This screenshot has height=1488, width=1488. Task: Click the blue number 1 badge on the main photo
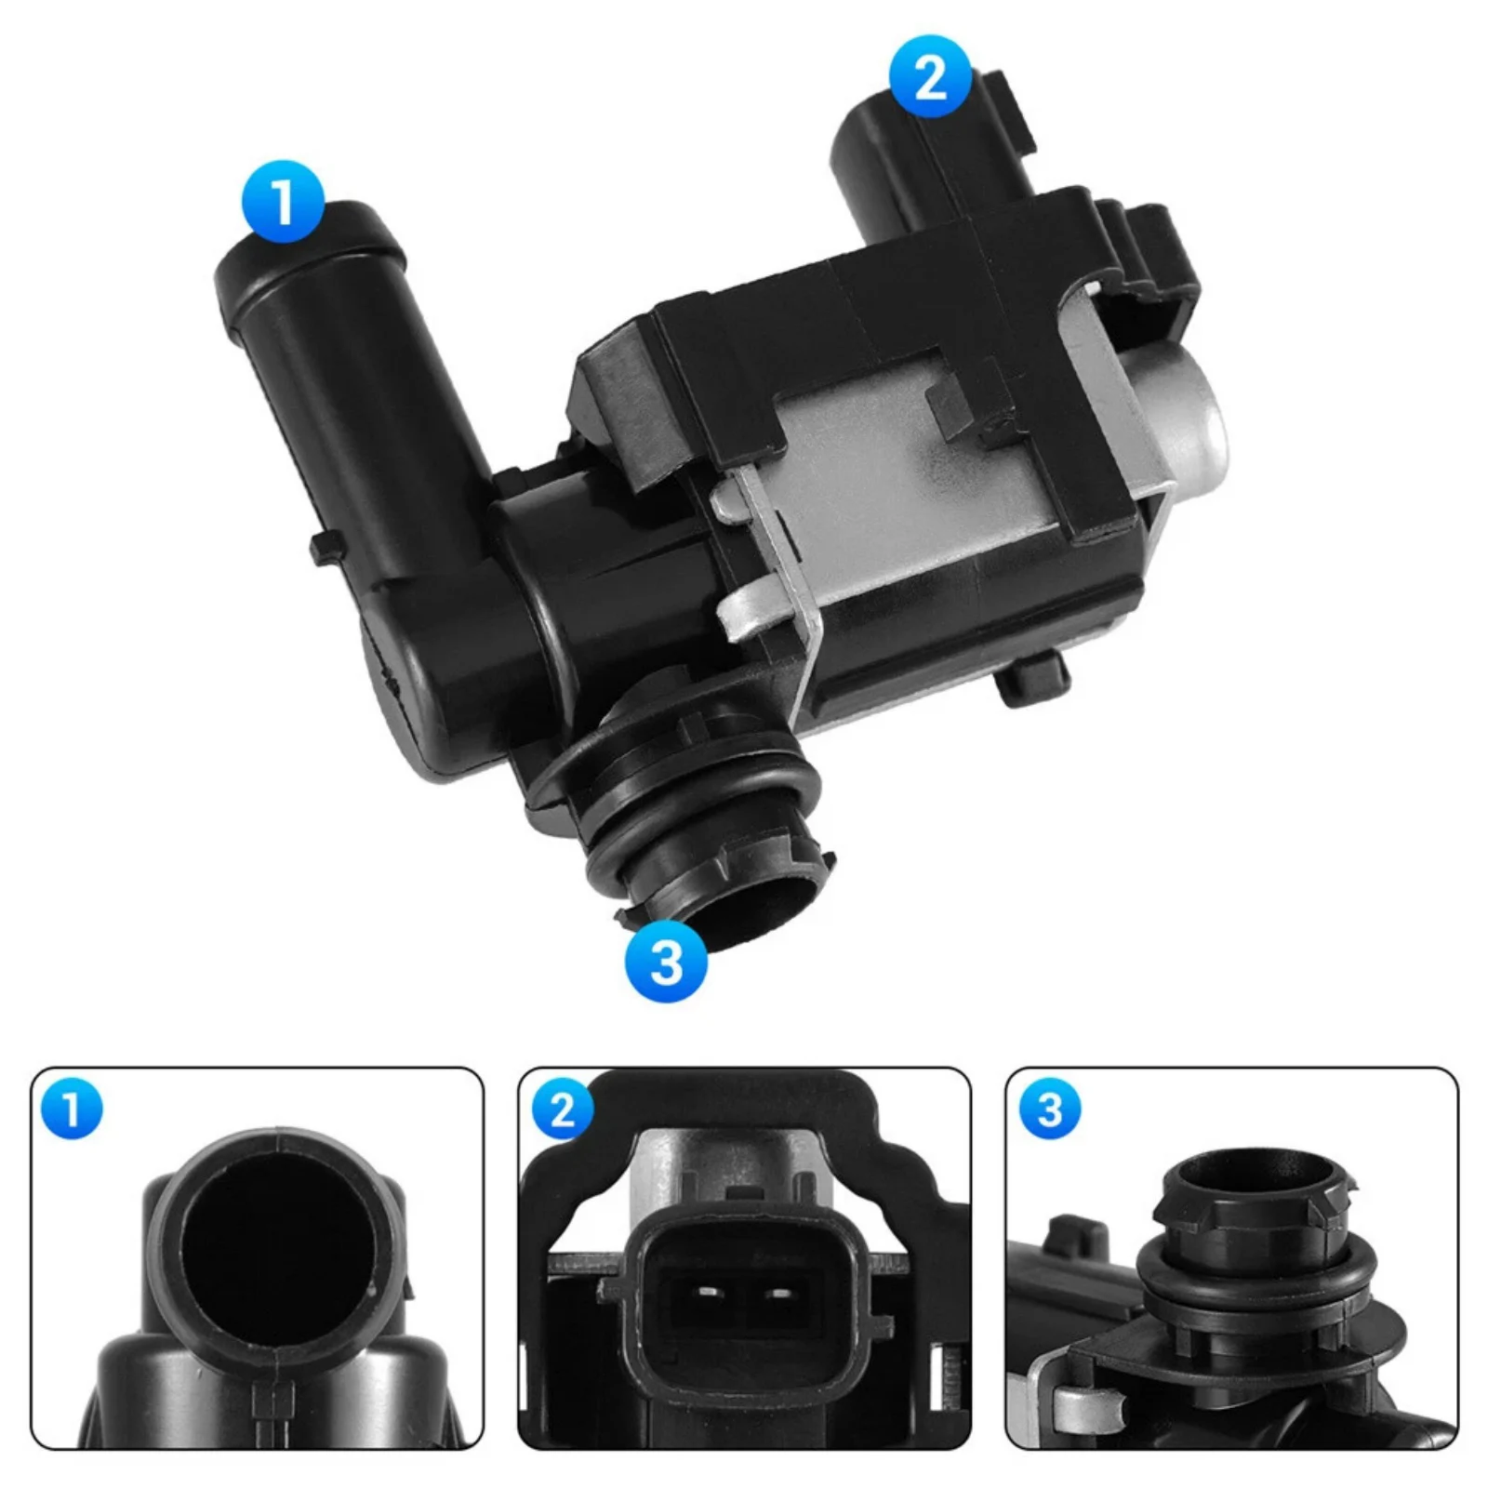283,202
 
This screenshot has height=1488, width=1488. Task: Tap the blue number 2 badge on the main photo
930,76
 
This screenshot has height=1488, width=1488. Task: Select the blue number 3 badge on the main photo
666,960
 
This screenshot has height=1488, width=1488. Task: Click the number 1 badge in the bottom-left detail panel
73,1109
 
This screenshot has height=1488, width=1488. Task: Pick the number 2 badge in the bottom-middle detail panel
562,1109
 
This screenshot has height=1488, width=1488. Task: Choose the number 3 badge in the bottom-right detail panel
1050,1109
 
